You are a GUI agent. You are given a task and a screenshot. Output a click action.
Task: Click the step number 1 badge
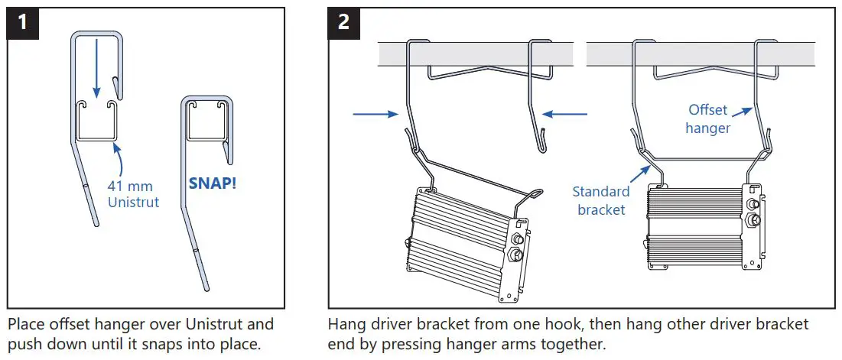(23, 21)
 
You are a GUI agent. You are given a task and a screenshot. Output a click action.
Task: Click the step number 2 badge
(344, 21)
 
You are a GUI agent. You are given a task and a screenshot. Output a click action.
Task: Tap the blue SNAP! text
(213, 183)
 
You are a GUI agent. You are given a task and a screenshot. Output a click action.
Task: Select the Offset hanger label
(707, 118)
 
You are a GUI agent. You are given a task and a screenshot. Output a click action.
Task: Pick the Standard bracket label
(601, 200)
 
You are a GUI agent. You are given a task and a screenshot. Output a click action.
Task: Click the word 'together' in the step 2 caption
(575, 344)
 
